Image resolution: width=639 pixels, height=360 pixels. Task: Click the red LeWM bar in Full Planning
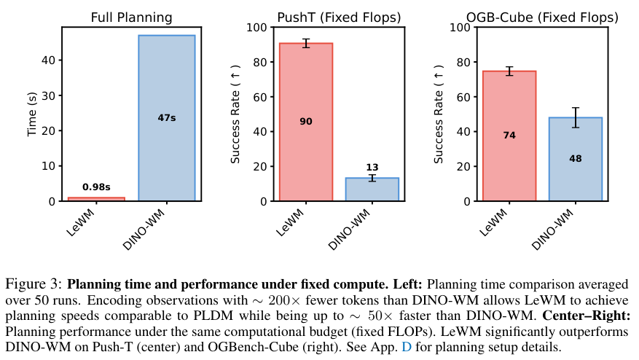96,199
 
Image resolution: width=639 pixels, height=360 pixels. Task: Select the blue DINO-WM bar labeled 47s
167,118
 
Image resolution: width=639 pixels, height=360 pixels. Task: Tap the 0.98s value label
96,187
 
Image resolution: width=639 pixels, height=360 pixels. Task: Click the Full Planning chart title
131,17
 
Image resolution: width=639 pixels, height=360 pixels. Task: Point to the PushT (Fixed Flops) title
339,17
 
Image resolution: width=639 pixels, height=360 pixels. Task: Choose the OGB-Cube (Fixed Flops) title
542,17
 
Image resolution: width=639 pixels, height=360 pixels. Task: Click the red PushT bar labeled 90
306,122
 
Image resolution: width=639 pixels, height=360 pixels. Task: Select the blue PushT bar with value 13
372,189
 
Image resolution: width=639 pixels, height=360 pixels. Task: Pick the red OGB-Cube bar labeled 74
509,136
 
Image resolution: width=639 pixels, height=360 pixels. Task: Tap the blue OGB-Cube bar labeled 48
576,159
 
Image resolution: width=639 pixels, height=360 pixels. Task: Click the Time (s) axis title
32,114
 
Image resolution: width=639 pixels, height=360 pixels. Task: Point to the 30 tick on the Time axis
49,95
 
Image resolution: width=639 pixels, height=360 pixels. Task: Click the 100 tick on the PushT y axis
256,27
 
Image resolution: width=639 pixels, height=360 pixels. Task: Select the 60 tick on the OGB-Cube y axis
463,97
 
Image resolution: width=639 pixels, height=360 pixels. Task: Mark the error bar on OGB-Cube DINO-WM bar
576,117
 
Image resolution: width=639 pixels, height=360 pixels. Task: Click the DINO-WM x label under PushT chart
349,229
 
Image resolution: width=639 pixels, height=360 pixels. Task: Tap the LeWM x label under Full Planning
80,222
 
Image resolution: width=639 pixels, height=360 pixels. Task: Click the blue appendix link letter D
407,347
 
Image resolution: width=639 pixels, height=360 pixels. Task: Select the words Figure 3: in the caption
34,284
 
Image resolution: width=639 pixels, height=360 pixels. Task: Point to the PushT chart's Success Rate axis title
235,114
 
